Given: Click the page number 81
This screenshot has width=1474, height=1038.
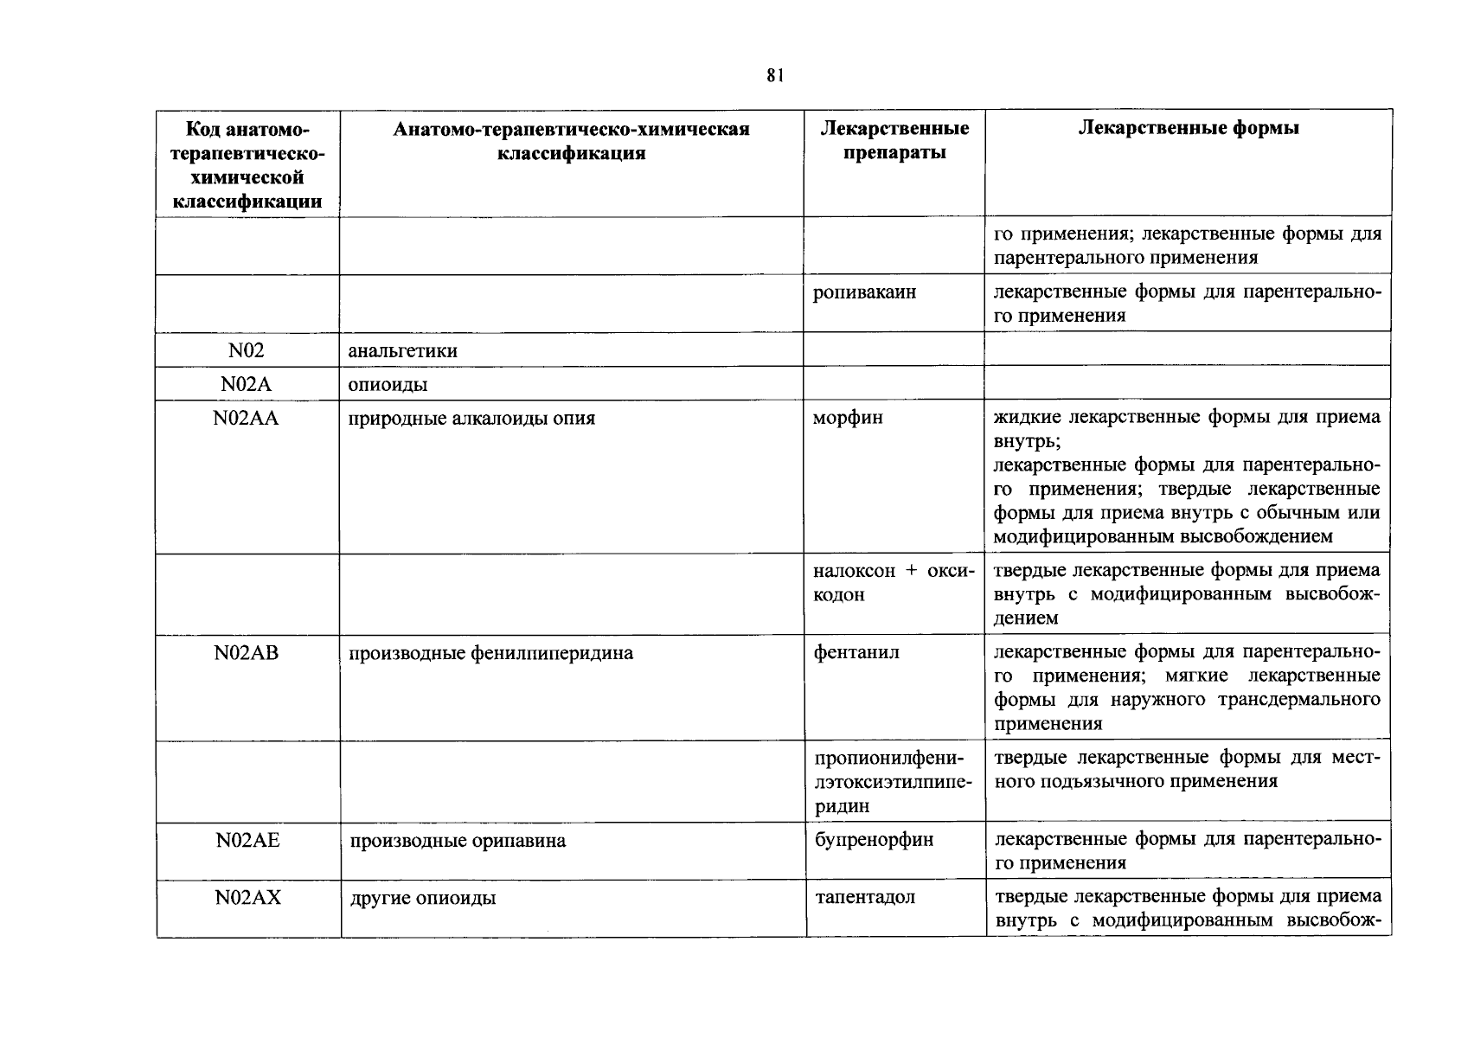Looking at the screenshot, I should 774,76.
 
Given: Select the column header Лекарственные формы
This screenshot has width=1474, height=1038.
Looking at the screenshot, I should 1189,129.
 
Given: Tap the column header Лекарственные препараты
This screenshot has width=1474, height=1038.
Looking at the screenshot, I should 894,141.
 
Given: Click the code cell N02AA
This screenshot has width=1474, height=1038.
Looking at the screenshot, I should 247,419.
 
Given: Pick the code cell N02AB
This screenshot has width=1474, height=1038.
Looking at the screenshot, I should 247,653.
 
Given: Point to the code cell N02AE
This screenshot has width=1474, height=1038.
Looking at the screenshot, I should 247,840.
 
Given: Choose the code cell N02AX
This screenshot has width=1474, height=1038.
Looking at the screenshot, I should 247,898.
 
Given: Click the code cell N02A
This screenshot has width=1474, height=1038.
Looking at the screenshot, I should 247,385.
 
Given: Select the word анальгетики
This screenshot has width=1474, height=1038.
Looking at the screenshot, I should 402,351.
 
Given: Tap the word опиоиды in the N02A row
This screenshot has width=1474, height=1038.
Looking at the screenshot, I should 388,385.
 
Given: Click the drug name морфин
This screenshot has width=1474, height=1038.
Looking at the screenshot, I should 848,418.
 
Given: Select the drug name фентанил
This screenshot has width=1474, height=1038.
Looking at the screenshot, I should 856,653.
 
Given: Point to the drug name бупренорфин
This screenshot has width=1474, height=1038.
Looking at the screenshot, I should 874,840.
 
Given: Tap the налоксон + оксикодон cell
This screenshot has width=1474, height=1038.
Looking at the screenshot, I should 894,583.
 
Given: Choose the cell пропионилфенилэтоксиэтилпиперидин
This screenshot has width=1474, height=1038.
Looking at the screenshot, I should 894,781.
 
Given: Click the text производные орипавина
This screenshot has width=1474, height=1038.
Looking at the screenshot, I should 458,841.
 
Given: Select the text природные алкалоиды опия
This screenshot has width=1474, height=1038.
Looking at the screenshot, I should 471,419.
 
